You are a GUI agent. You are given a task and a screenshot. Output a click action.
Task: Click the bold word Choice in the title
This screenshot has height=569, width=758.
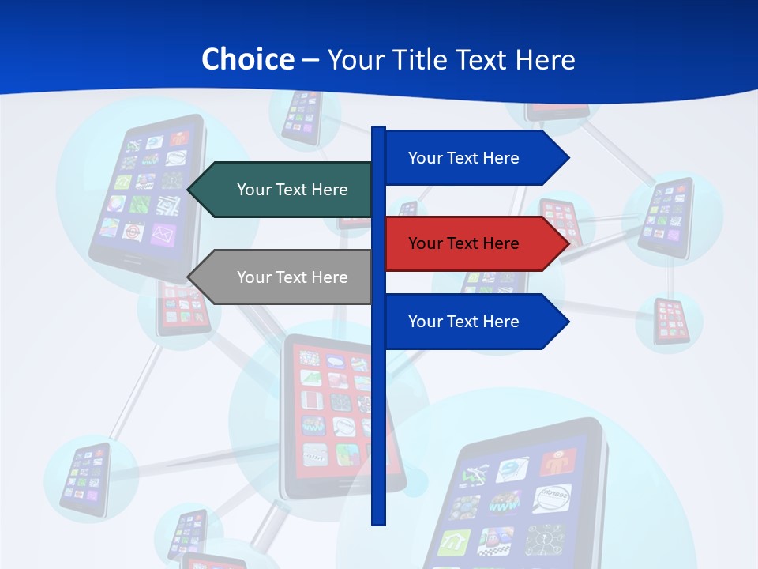click(x=247, y=59)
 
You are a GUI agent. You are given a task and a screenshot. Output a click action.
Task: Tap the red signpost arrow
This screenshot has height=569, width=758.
click(x=474, y=243)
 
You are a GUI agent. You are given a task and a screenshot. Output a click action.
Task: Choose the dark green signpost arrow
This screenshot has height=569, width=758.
click(x=284, y=190)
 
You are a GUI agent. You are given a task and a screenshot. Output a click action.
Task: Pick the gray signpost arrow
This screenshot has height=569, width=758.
click(x=284, y=277)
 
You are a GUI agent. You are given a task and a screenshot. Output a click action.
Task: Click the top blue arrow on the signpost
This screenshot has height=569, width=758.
click(x=474, y=158)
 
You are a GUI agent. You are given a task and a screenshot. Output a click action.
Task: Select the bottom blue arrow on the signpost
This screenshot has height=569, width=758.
click(x=474, y=322)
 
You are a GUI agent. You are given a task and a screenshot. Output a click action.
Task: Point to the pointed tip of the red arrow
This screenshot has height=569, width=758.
click(x=567, y=243)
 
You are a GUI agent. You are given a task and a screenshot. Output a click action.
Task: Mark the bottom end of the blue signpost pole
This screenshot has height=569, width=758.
click(x=379, y=522)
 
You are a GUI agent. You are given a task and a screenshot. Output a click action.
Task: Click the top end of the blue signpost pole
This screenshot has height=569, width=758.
click(x=379, y=128)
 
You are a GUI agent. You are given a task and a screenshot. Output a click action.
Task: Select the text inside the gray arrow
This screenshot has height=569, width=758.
click(x=292, y=277)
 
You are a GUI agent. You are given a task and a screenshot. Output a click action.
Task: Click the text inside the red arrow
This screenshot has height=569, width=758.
click(x=463, y=243)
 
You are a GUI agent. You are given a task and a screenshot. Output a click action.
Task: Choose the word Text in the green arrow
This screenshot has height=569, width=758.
click(x=291, y=190)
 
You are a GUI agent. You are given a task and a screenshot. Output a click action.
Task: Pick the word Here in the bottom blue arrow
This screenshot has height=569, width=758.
click(x=500, y=322)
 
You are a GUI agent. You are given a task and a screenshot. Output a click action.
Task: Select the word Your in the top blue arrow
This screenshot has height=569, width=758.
click(x=425, y=158)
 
